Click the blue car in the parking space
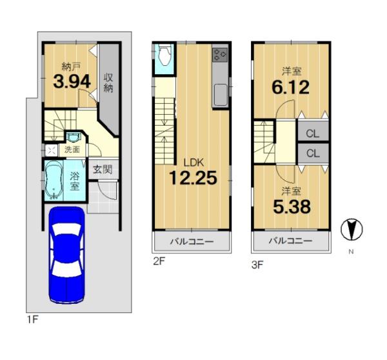click(67, 255)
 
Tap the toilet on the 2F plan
click(164, 55)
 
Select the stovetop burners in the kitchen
click(220, 55)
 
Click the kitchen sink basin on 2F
click(221, 94)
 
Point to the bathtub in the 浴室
click(54, 180)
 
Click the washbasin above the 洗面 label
click(73, 137)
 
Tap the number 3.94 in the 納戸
click(72, 82)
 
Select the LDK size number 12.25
click(193, 178)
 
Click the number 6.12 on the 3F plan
click(290, 87)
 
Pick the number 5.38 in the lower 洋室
click(292, 206)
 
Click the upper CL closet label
click(312, 134)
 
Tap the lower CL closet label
click(313, 154)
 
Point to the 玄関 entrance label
click(103, 170)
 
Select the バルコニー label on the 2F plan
click(192, 241)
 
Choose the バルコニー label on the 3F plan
click(290, 240)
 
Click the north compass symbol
click(352, 230)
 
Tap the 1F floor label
click(32, 320)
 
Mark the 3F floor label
click(257, 265)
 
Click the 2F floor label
click(159, 261)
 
